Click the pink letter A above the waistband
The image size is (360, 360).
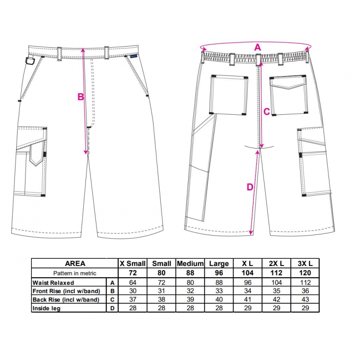[x=258, y=48]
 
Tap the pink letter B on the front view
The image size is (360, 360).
[x=81, y=97]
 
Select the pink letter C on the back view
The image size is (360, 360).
[x=266, y=112]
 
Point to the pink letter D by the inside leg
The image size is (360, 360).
[x=250, y=187]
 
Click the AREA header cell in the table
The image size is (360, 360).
[x=75, y=263]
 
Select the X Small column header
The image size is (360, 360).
[x=133, y=263]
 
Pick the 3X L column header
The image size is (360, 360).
[x=305, y=263]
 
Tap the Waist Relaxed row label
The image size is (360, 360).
[x=53, y=283]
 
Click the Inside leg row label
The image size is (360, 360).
[x=46, y=308]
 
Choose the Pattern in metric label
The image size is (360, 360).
[x=75, y=273]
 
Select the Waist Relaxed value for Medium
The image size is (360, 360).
[x=190, y=283]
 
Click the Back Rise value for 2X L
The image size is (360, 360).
[x=276, y=300]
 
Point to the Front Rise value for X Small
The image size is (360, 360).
[x=133, y=291]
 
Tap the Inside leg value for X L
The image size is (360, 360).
[x=248, y=308]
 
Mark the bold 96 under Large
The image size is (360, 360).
[x=219, y=273]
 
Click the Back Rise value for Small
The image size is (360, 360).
[x=162, y=300]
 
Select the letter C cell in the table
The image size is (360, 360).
[x=112, y=300]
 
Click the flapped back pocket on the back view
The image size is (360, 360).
[x=288, y=95]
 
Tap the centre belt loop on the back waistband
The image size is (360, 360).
[x=258, y=59]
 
